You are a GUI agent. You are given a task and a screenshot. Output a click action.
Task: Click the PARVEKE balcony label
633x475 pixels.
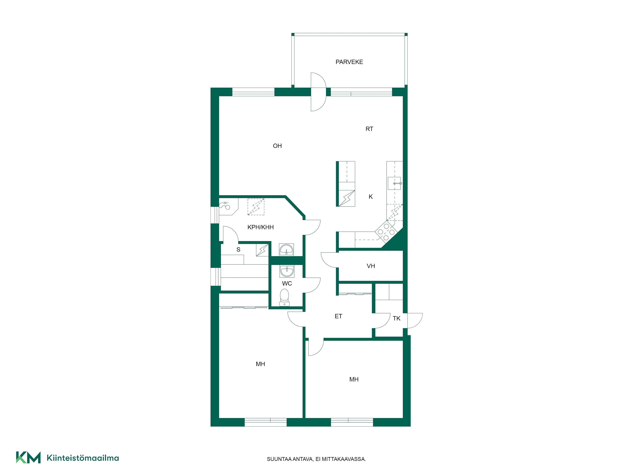pyautogui.click(x=349, y=62)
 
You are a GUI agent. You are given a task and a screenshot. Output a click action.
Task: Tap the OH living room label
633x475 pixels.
pyautogui.click(x=277, y=146)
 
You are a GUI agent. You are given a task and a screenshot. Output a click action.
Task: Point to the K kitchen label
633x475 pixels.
pyautogui.click(x=371, y=197)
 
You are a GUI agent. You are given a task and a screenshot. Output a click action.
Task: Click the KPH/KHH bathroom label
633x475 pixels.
pyautogui.click(x=260, y=227)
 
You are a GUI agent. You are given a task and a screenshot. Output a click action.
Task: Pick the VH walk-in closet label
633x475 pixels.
pyautogui.click(x=371, y=266)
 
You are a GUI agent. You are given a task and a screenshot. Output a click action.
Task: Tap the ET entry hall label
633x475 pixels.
pyautogui.click(x=338, y=316)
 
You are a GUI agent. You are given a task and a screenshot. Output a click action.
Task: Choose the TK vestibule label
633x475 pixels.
pyautogui.click(x=396, y=318)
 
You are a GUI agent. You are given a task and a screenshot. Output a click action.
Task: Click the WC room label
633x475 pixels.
pyautogui.click(x=287, y=283)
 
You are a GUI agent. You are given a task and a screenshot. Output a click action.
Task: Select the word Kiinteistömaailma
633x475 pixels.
pyautogui.click(x=83, y=458)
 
